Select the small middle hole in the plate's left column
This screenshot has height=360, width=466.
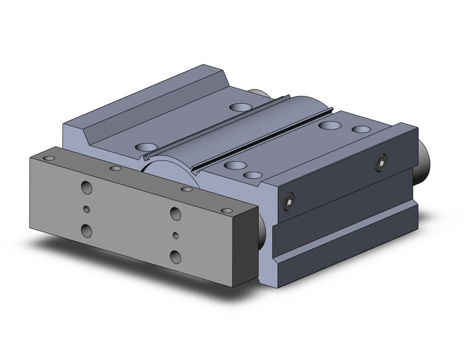click(86, 209)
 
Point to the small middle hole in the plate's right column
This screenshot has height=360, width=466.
click(176, 234)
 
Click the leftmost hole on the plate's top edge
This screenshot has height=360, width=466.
click(48, 158)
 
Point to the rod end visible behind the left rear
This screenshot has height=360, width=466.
click(258, 93)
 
